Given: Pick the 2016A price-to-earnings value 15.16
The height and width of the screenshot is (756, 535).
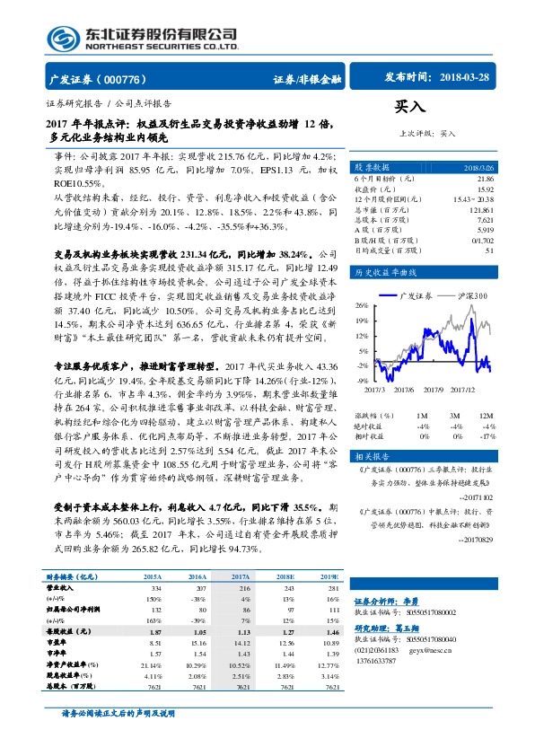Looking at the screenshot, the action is [193, 643].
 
